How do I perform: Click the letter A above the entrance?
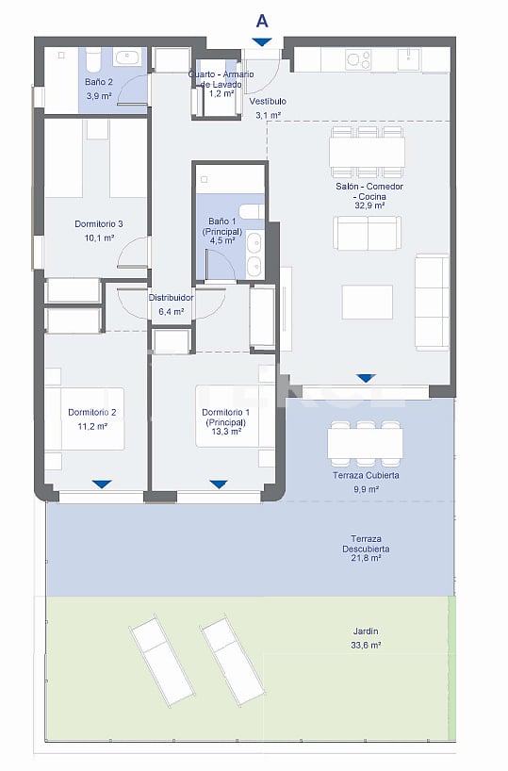point(261,19)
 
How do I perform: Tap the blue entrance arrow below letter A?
point(261,41)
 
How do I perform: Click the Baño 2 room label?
point(99,82)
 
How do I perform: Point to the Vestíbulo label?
point(269,101)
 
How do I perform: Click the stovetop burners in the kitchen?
point(358,59)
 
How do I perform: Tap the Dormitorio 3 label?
point(99,224)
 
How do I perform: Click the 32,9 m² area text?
point(367,205)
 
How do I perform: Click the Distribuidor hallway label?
point(171,298)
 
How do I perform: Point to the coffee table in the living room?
point(367,302)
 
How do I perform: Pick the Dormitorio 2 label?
point(92,413)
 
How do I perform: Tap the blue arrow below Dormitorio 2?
point(102,484)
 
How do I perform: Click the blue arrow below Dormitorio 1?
point(219,484)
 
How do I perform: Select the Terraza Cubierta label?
point(367,476)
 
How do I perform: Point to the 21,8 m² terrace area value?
point(366,559)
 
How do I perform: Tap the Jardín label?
point(367,632)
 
